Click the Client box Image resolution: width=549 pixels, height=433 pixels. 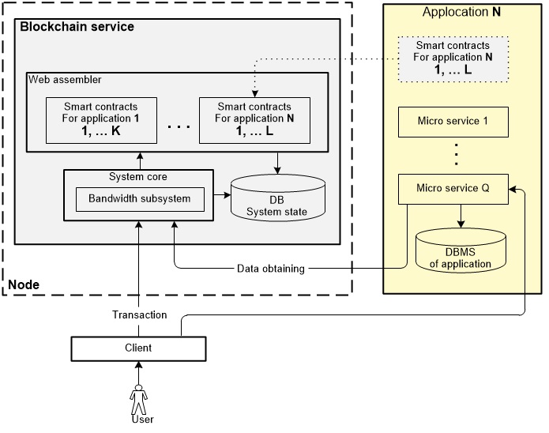140,348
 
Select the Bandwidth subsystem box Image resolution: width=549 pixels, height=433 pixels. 139,199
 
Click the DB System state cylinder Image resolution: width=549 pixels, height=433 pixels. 276,201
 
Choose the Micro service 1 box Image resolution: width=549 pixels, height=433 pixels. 451,122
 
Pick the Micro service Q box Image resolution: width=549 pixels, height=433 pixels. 451,188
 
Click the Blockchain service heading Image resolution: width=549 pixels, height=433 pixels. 77,27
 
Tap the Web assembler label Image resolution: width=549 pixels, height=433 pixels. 65,80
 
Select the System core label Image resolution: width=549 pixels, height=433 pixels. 138,176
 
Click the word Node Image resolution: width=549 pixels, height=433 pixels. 23,284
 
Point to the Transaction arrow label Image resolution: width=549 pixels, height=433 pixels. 139,314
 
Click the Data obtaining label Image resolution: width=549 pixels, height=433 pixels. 271,269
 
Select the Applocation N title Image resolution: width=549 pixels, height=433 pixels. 461,12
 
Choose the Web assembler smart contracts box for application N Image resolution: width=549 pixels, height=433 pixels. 254,119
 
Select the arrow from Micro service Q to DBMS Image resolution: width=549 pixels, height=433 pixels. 461,215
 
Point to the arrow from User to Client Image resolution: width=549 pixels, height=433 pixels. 140,371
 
